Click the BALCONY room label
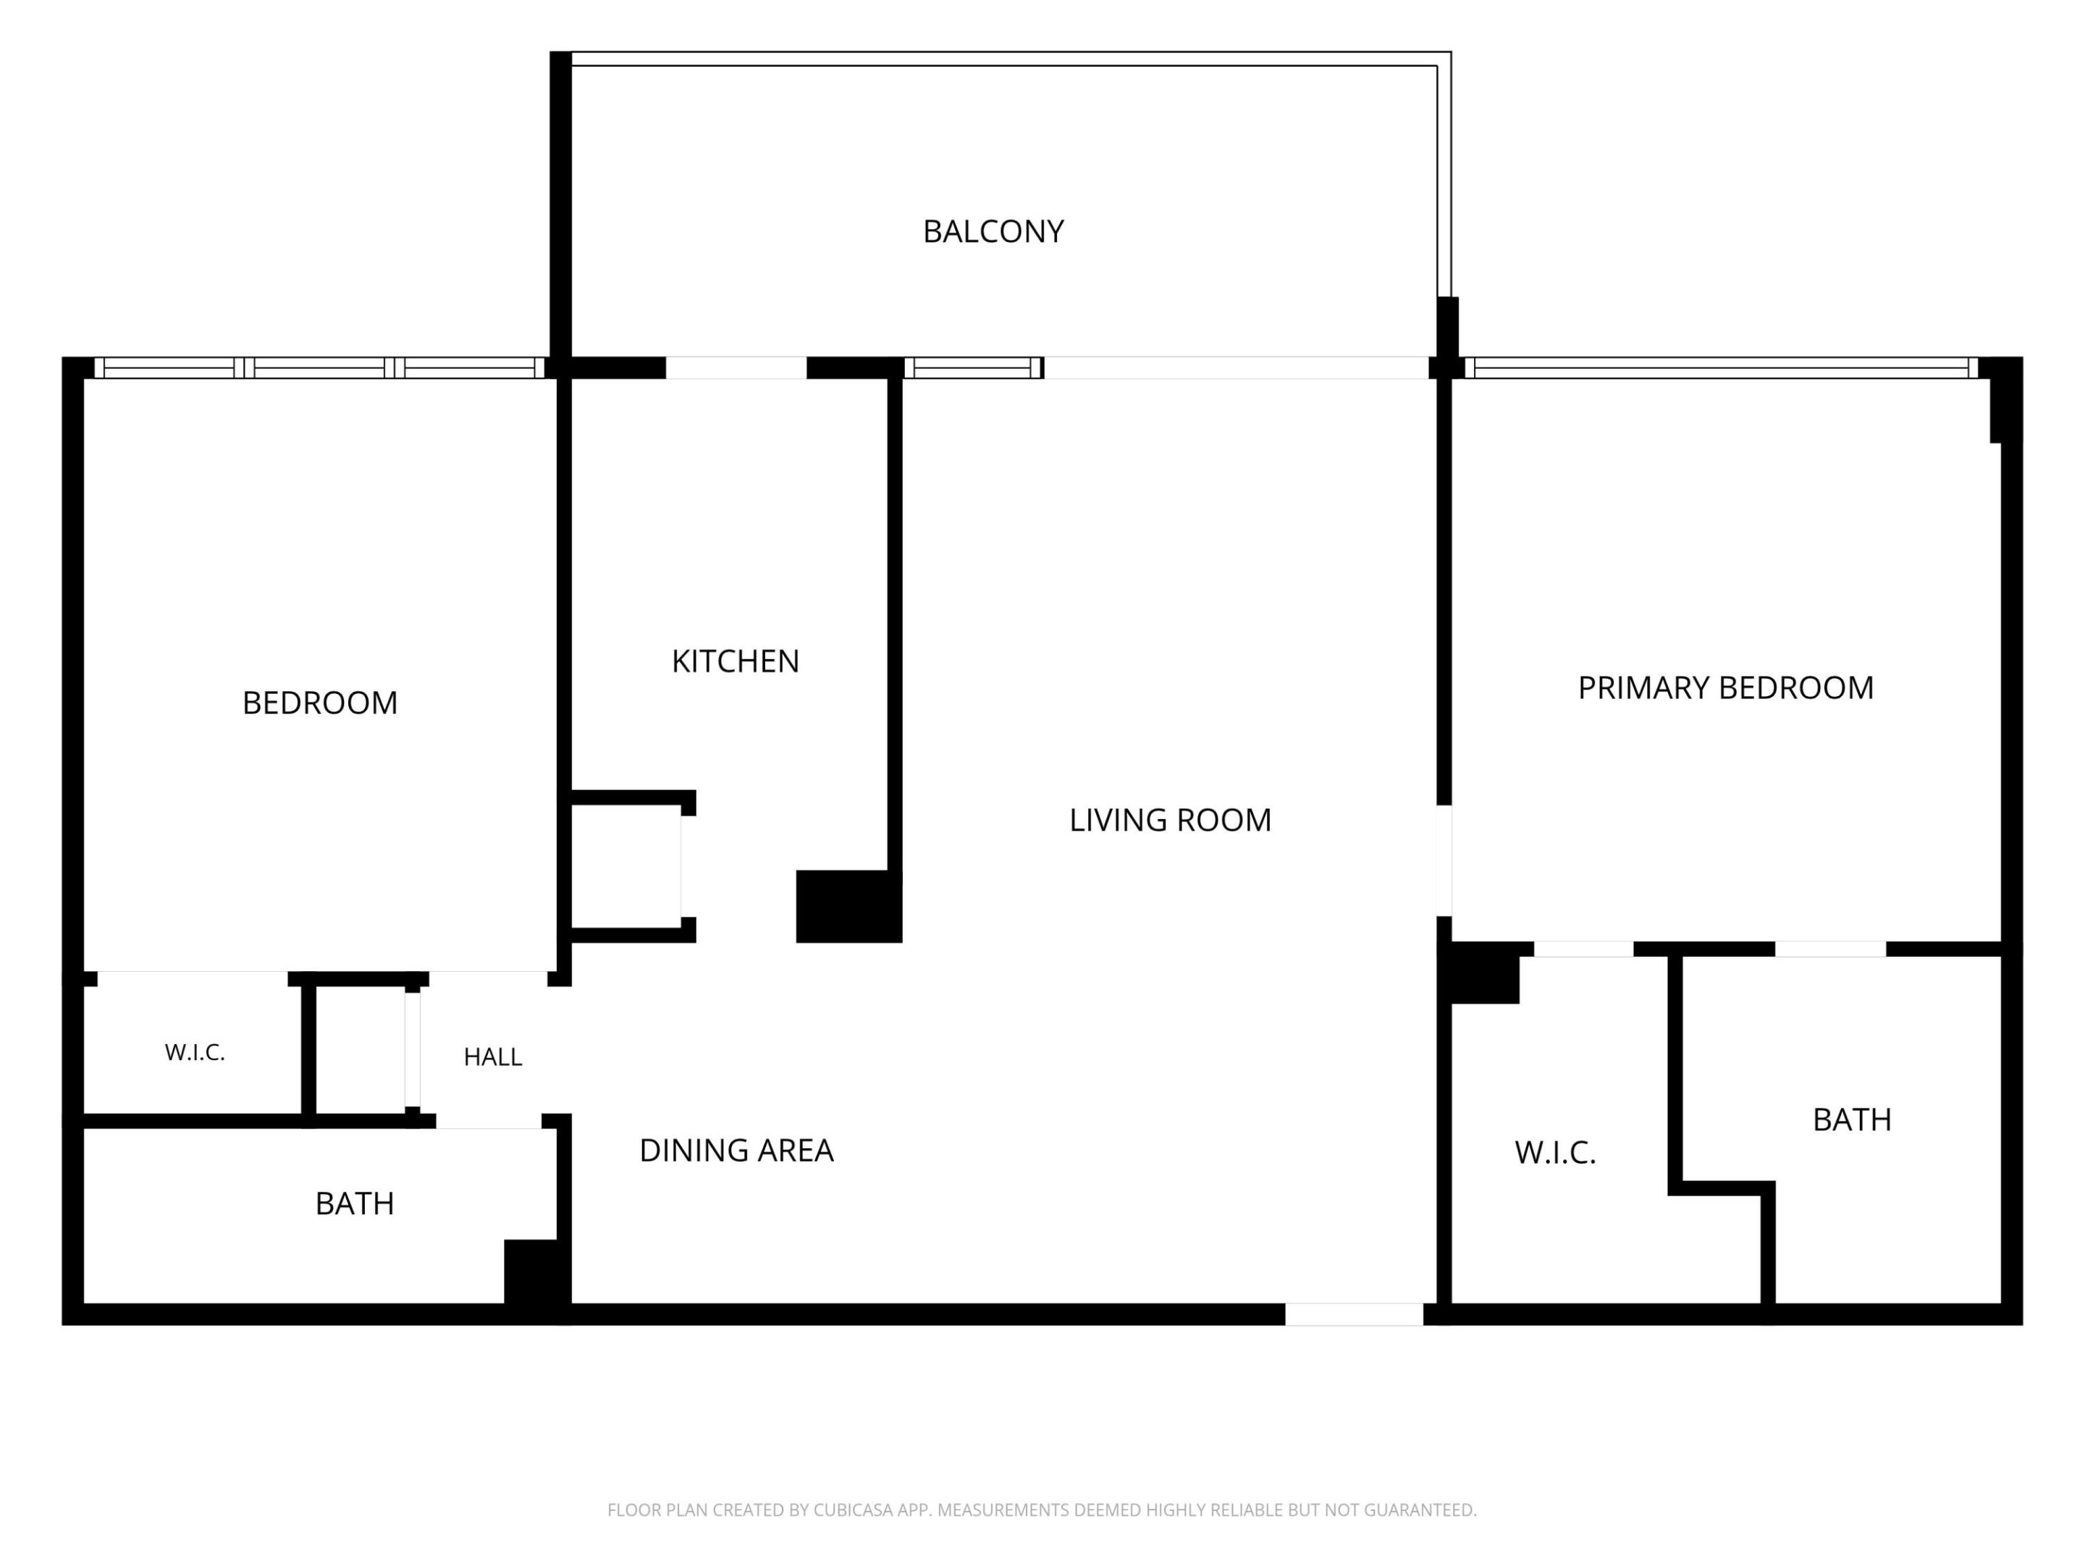click(993, 232)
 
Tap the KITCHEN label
click(736, 661)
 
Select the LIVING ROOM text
click(1170, 821)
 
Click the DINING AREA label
click(736, 1151)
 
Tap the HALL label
click(492, 1057)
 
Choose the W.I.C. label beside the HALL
click(195, 1054)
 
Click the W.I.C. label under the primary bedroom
click(1555, 1153)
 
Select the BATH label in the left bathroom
click(355, 1204)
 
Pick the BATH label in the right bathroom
click(1851, 1120)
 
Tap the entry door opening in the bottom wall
click(1354, 1314)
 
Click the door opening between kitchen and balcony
click(736, 368)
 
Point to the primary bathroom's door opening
click(1830, 949)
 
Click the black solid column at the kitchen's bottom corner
click(848, 907)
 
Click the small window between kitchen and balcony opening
click(974, 368)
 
